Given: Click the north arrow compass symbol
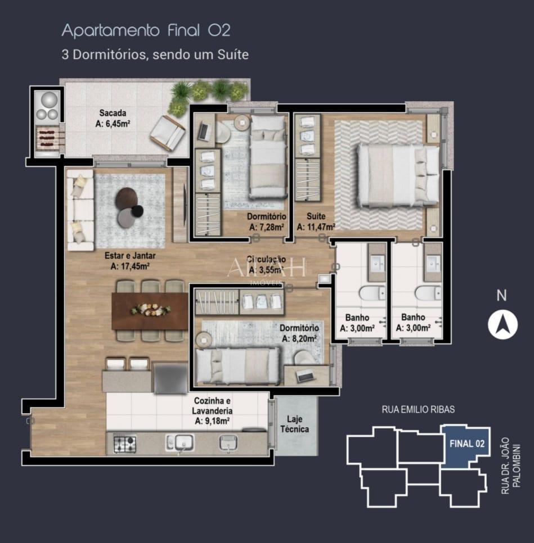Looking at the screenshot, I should pyautogui.click(x=502, y=324).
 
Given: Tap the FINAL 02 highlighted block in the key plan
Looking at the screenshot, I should pyautogui.click(x=466, y=444).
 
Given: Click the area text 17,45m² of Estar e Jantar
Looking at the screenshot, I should pyautogui.click(x=130, y=266).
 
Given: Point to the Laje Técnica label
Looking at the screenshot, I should pyautogui.click(x=297, y=424).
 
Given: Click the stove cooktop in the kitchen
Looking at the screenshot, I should pyautogui.click(x=124, y=444).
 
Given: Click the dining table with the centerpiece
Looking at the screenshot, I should pyautogui.click(x=150, y=310).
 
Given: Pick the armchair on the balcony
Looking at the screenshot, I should pyautogui.click(x=167, y=133).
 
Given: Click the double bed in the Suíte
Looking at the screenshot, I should pyautogui.click(x=398, y=175).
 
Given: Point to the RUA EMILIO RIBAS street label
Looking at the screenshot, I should pyautogui.click(x=418, y=409).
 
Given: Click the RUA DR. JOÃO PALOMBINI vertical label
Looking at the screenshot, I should pyautogui.click(x=511, y=465).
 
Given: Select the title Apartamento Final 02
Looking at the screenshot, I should pyautogui.click(x=146, y=30).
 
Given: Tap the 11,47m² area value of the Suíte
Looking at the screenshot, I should pyautogui.click(x=316, y=227).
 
